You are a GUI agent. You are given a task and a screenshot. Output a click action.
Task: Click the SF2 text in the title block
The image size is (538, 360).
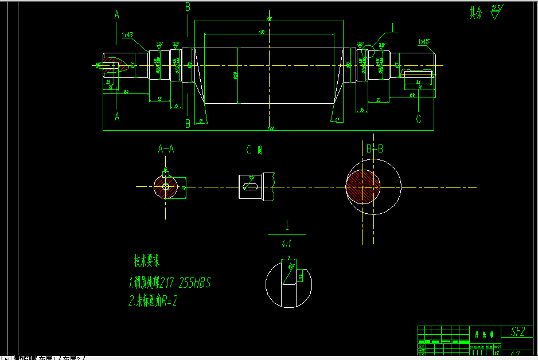click(x=517, y=331)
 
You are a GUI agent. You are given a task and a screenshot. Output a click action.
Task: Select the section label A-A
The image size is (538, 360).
click(x=166, y=150)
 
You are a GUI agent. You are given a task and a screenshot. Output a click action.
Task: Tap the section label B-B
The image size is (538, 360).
click(x=375, y=149)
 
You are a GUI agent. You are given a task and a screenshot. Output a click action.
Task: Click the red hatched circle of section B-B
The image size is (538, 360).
click(x=363, y=186)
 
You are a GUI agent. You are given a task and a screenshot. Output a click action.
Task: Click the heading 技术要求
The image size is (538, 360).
click(x=147, y=261)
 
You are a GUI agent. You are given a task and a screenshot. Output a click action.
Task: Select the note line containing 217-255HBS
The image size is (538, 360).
click(x=170, y=283)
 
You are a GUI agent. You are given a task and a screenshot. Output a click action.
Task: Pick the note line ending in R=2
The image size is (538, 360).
click(x=153, y=301)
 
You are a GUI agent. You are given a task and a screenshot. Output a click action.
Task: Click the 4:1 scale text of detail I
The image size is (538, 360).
click(x=286, y=243)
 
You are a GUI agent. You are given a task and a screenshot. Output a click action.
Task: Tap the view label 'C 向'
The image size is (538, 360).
click(x=255, y=150)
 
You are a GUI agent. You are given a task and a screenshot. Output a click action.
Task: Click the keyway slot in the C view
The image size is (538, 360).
click(x=250, y=186)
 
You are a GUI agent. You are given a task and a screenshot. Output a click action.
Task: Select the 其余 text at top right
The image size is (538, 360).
click(x=477, y=13)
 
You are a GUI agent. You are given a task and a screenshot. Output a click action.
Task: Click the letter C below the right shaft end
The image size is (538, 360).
click(x=419, y=119)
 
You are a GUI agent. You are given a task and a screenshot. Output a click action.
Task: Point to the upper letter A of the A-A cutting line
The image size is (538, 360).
click(x=117, y=16)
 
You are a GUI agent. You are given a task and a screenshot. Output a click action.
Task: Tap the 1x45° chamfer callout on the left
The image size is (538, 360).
click(x=127, y=35)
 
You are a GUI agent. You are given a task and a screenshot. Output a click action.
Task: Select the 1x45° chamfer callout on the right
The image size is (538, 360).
click(x=424, y=42)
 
